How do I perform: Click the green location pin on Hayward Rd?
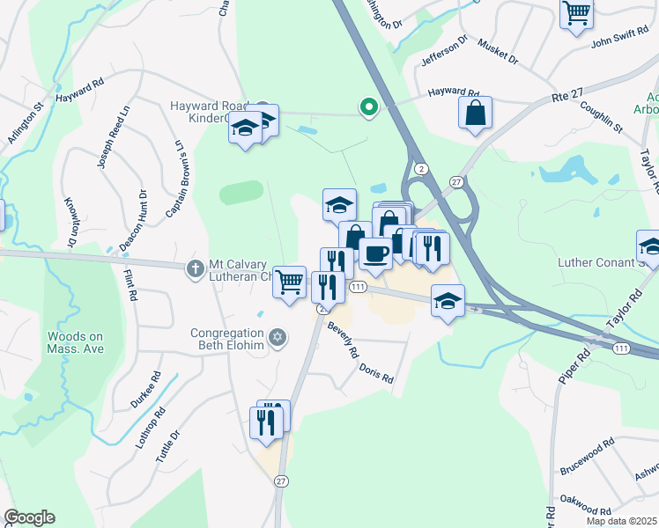point(368,107)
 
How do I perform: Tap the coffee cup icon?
point(375,254)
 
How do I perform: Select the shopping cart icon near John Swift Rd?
point(576,14)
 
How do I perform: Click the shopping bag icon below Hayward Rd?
point(475,113)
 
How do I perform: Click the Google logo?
point(29,517)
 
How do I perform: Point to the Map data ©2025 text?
point(622,521)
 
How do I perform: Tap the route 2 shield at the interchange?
point(422,168)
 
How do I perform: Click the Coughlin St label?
point(601,116)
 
